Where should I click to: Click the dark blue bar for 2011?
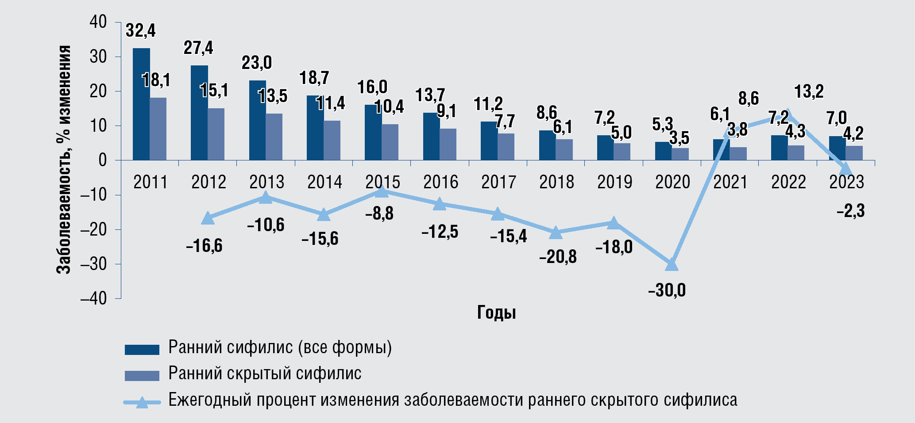(x=141, y=104)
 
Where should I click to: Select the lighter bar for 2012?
(x=216, y=134)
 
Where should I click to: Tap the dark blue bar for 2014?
(x=315, y=128)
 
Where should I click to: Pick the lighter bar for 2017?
(x=506, y=146)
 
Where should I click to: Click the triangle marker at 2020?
(x=672, y=264)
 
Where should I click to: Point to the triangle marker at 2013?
(x=265, y=198)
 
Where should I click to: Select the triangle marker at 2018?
(x=556, y=233)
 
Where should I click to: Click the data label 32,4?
(x=141, y=30)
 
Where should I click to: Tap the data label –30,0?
(x=667, y=291)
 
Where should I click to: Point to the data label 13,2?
(x=809, y=91)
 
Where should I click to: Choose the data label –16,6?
(x=204, y=246)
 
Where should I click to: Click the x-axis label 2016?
(x=440, y=182)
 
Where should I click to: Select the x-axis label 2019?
(x=614, y=182)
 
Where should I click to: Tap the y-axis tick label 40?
(x=98, y=22)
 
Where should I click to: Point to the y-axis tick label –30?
(x=93, y=264)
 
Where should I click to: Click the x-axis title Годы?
(x=496, y=312)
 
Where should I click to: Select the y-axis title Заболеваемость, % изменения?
(x=64, y=159)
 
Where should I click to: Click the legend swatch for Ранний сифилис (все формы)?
(x=142, y=349)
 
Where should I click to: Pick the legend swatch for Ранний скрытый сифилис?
(x=142, y=375)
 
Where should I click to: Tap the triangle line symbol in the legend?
(x=142, y=402)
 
